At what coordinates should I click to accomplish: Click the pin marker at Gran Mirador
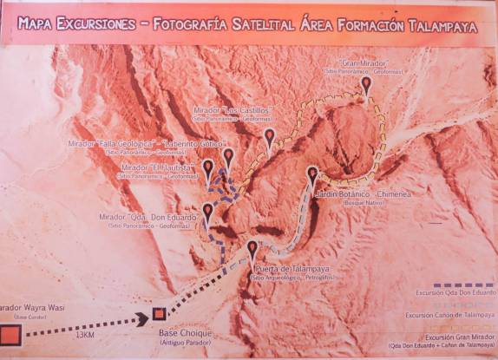click(x=366, y=84)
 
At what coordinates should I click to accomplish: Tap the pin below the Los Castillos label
click(x=269, y=136)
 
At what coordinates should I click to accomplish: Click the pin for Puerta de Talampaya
click(x=252, y=249)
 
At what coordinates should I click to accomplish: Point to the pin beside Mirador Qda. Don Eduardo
click(x=207, y=211)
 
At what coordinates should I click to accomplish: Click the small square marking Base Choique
click(x=159, y=314)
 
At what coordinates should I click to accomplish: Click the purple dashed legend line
click(x=463, y=285)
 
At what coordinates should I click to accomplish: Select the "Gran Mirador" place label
click(x=364, y=62)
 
